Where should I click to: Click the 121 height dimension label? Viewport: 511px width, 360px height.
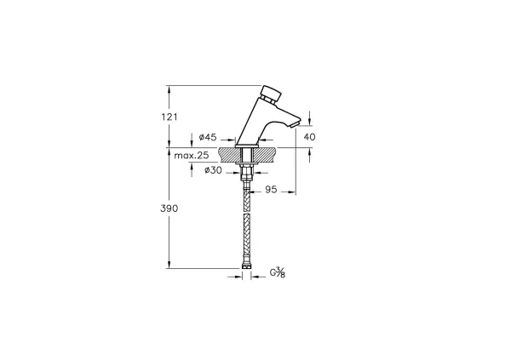tap(169, 117)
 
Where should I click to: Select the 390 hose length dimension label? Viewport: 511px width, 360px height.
tap(169, 209)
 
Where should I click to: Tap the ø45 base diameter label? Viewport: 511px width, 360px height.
tap(208, 137)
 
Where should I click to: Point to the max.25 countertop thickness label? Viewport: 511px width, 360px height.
tap(192, 156)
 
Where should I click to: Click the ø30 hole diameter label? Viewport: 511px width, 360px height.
tap(213, 170)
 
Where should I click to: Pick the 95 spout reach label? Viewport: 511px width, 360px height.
tap(271, 189)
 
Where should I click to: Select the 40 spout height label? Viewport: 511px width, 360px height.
tap(309, 137)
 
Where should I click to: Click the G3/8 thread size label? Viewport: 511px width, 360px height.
tap(278, 272)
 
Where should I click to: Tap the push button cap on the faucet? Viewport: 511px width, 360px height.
tap(272, 93)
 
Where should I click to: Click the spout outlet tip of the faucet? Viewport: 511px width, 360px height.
tap(295, 125)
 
